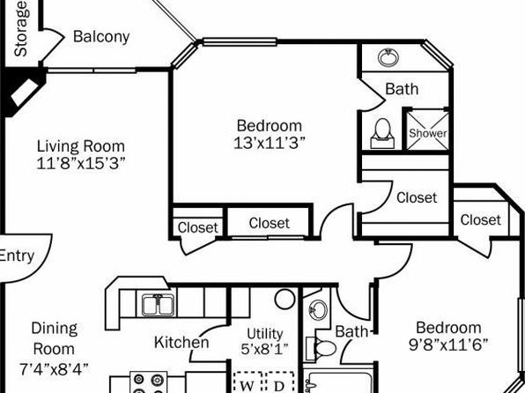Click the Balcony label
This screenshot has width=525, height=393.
pyautogui.click(x=101, y=36)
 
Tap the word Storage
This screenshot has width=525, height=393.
pyautogui.click(x=21, y=29)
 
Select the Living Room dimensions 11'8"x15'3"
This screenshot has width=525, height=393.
pyautogui.click(x=81, y=164)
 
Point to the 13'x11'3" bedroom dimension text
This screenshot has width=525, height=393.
pyautogui.click(x=270, y=143)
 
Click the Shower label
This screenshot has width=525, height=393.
pyautogui.click(x=428, y=133)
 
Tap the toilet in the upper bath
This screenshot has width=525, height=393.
pyautogui.click(x=382, y=133)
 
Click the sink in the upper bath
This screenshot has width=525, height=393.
pyautogui.click(x=388, y=57)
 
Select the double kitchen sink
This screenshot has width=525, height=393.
pyautogui.click(x=158, y=305)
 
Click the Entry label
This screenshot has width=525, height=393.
pyautogui.click(x=17, y=256)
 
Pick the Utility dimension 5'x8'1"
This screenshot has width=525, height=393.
pyautogui.click(x=264, y=350)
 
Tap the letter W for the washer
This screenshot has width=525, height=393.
pyautogui.click(x=247, y=386)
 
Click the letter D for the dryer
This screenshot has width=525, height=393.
pyautogui.click(x=279, y=386)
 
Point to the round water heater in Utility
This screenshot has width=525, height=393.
pyautogui.click(x=285, y=299)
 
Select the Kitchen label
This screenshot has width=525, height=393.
pyautogui.click(x=181, y=343)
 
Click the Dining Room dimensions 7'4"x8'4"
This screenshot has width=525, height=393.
pyautogui.click(x=55, y=369)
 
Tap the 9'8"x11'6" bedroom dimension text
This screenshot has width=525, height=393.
pyautogui.click(x=448, y=345)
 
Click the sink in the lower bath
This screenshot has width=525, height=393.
pyautogui.click(x=318, y=309)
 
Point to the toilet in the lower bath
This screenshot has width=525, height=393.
pyautogui.click(x=321, y=348)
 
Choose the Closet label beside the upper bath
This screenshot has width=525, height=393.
pyautogui.click(x=417, y=197)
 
